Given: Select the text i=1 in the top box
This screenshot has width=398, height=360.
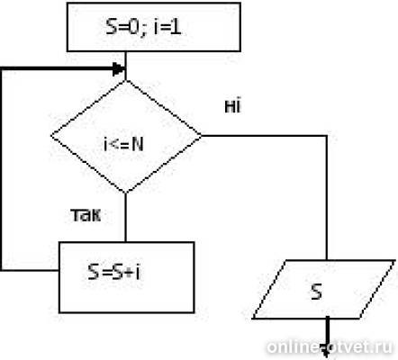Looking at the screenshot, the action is [167, 27].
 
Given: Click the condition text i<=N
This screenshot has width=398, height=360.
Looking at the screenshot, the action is [123, 145].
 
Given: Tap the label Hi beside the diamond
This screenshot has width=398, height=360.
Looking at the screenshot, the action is [232, 106].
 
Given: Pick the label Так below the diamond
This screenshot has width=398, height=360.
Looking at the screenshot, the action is [86, 215].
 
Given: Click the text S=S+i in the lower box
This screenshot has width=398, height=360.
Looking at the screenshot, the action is [114, 272].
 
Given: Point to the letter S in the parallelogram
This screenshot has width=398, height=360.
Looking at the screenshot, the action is [317, 292].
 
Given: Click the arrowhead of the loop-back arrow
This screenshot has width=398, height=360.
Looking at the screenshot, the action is [119, 69].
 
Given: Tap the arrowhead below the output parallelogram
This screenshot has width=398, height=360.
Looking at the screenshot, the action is [327, 353].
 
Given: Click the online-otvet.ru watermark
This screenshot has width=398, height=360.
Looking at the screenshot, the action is [330, 346].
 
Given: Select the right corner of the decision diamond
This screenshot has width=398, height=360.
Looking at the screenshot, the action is [201, 136].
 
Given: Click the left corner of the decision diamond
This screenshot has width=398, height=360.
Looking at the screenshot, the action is [51, 136].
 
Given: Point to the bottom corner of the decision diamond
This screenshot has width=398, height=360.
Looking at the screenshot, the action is [126, 193].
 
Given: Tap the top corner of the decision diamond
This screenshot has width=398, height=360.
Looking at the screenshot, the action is [126, 80].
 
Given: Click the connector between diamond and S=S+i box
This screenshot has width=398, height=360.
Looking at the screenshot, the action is [126, 217].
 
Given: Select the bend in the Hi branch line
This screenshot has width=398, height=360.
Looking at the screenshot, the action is [327, 136].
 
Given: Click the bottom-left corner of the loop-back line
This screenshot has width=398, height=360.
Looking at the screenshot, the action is [2, 270].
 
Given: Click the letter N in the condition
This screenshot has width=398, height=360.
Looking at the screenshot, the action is [138, 145].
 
